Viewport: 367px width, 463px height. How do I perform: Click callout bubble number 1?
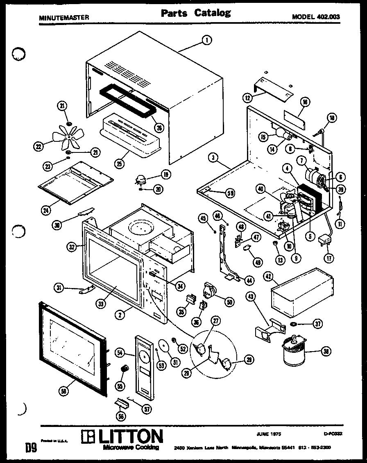(x=207, y=40)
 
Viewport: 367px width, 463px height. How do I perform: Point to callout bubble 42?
(x=279, y=276)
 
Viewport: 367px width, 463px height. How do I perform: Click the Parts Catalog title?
(x=195, y=13)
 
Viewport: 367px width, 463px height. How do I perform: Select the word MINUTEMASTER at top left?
(x=63, y=18)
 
